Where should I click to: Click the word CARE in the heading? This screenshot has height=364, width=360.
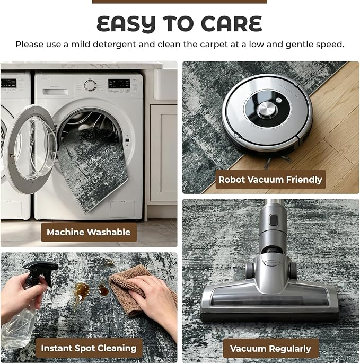point(231,24)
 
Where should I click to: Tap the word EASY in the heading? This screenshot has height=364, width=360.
point(126,24)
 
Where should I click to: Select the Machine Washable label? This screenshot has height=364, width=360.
point(89,232)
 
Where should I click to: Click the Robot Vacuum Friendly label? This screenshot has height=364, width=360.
point(270,180)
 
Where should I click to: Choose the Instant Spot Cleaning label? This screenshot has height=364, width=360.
point(89,348)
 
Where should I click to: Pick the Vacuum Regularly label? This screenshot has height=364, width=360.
point(270,349)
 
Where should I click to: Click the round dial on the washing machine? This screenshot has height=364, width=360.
point(90,85)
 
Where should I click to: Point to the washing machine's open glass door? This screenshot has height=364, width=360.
point(30,148)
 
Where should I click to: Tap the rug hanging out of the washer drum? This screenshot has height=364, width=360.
point(93,167)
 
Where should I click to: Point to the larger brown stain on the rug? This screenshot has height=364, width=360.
point(81,291)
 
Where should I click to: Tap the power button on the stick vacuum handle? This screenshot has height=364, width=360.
point(273,219)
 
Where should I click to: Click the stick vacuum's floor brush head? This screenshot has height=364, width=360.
point(269,299)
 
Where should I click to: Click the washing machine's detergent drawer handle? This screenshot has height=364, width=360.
point(56,92)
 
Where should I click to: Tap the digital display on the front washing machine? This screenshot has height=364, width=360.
point(119,83)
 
